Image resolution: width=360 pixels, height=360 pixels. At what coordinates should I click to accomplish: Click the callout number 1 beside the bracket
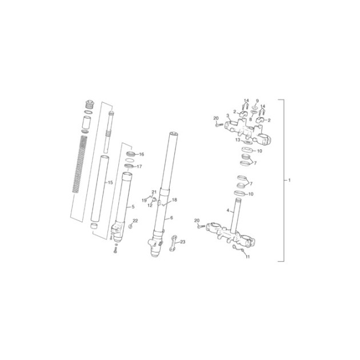coord(289,180)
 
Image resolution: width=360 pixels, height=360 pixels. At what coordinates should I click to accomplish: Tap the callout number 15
coord(110,182)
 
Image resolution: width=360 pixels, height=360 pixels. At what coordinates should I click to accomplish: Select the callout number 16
coord(142,154)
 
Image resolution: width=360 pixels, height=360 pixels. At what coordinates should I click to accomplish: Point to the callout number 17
coord(139,166)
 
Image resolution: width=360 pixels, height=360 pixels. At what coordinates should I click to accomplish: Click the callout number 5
coord(133,207)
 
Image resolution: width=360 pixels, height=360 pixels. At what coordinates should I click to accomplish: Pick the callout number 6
coord(171,218)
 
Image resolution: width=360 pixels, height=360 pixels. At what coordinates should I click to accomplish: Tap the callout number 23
coord(182,242)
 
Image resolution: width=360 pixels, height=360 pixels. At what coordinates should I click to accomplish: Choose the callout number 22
coord(135,221)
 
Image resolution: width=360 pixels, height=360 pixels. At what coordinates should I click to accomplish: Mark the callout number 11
coord(247,257)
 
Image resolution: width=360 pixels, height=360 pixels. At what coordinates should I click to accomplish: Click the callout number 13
coord(238,140)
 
